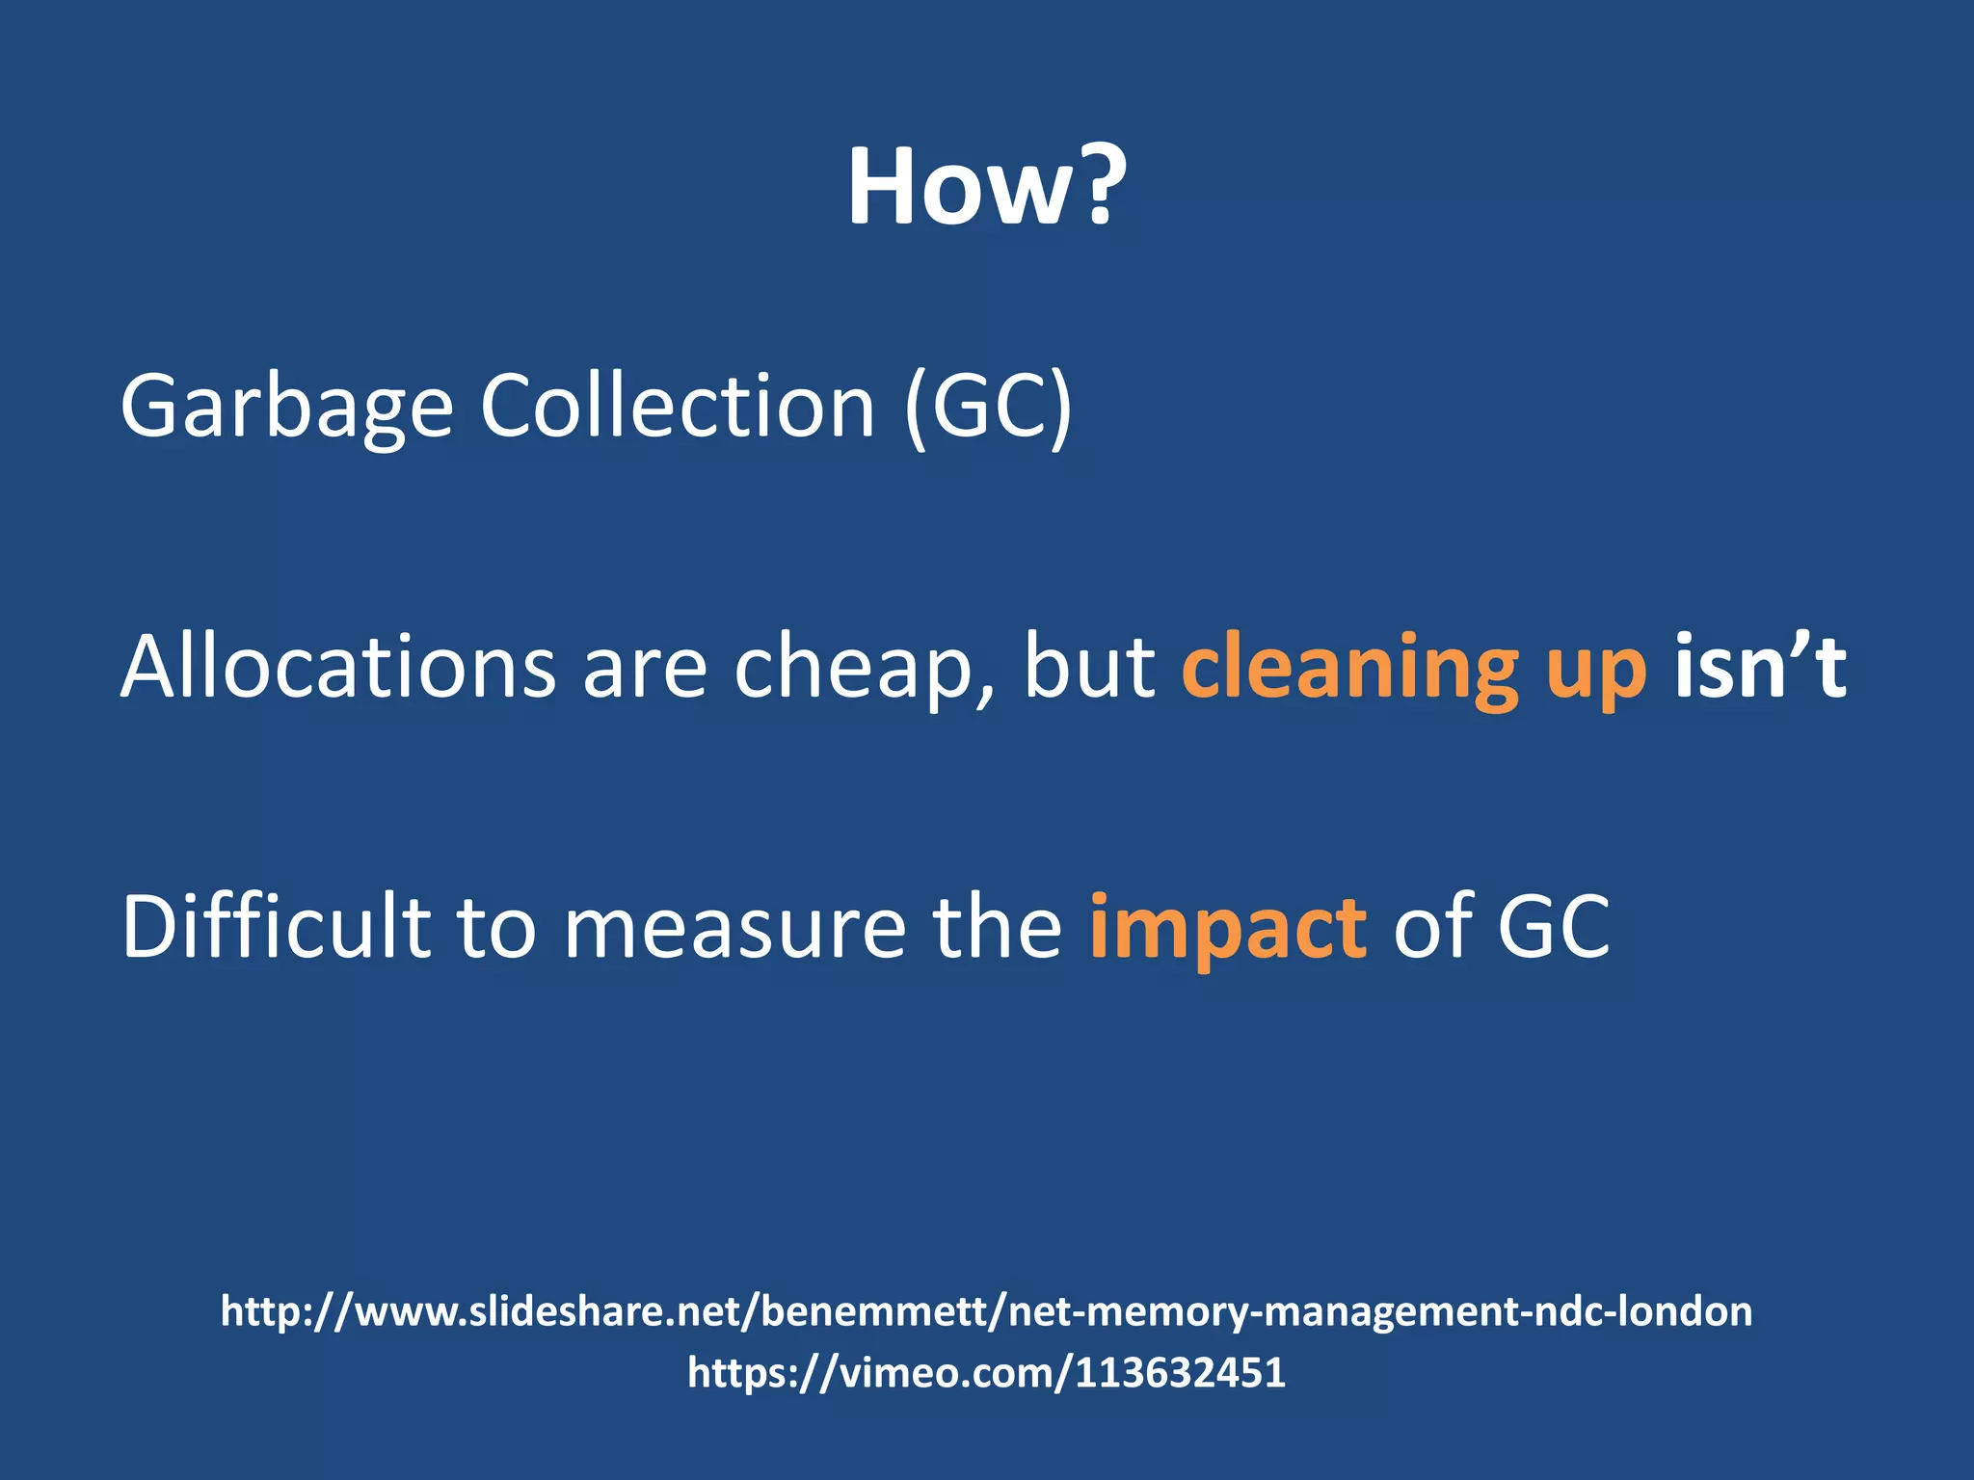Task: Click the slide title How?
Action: coord(986,187)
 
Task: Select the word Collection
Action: coord(678,406)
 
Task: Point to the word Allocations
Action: coord(338,667)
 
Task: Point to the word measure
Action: coord(734,927)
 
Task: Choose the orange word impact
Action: coord(1227,929)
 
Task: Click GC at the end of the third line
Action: coord(1553,927)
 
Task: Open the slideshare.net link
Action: coord(986,1311)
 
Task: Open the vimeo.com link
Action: coord(986,1372)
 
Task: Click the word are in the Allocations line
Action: coord(645,669)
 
